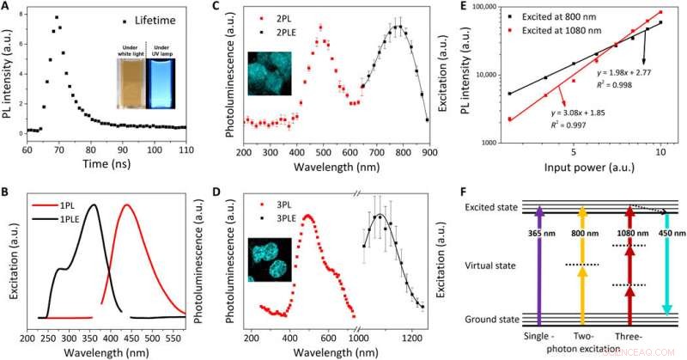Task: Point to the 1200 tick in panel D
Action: pos(408,328)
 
